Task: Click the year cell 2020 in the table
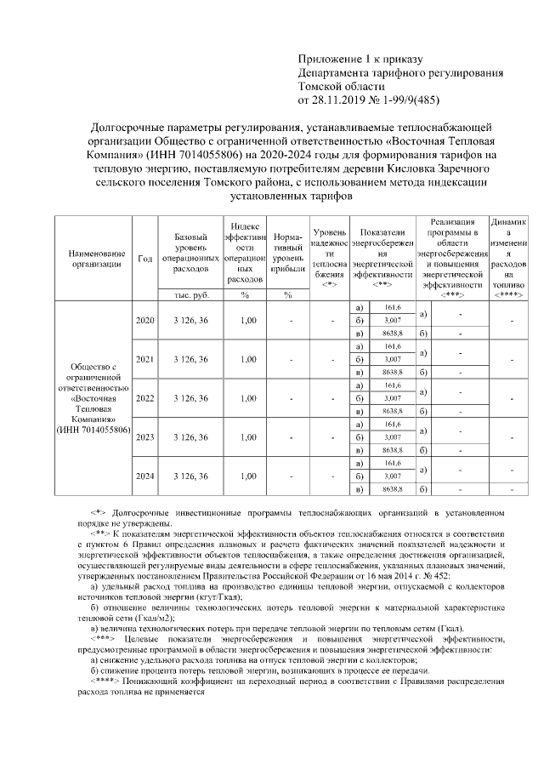tap(145, 320)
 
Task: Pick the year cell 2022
tap(145, 398)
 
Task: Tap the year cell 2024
tap(145, 476)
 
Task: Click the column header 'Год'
tap(145, 259)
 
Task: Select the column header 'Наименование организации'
tap(92, 259)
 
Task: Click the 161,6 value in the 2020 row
tap(392, 307)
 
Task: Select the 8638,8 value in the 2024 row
tap(392, 490)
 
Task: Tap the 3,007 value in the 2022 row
tap(392, 398)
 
